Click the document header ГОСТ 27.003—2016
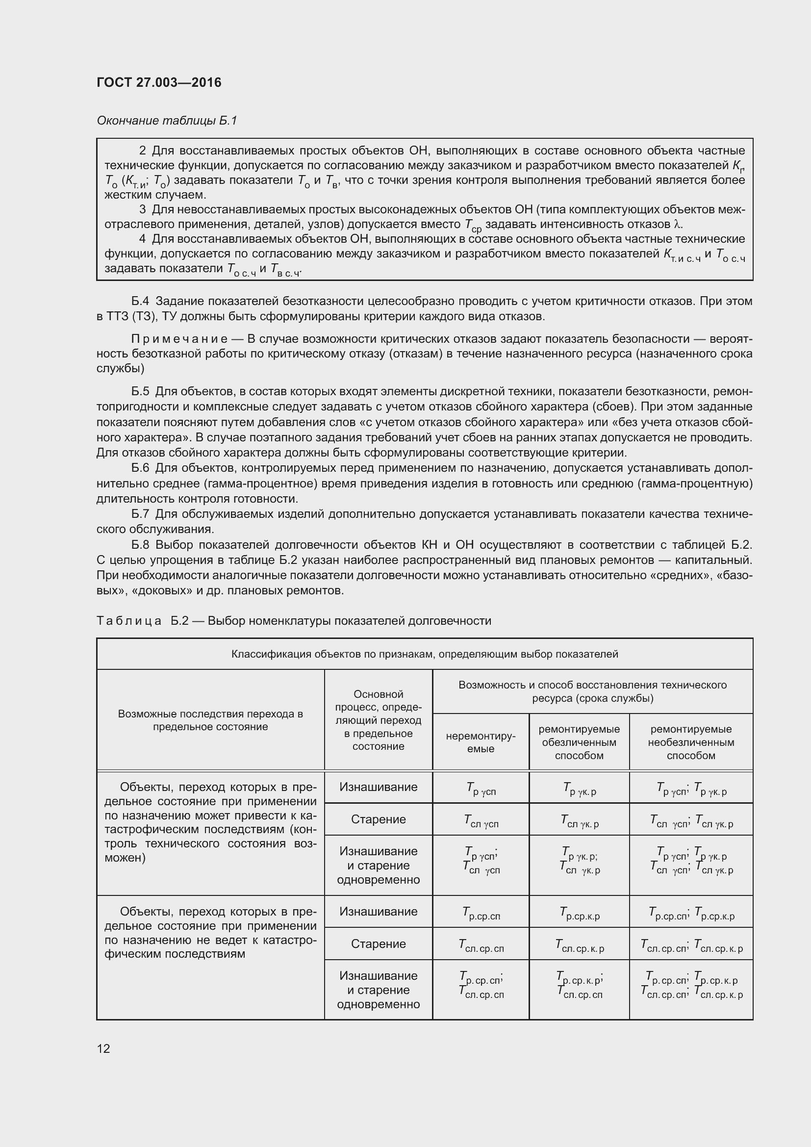click(x=159, y=82)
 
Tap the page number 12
click(x=103, y=1048)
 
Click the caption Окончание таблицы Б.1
click(x=167, y=121)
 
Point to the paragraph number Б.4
click(x=140, y=301)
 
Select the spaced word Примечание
click(x=179, y=339)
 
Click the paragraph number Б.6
click(x=140, y=468)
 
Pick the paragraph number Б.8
click(x=140, y=544)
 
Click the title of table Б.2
click(x=294, y=620)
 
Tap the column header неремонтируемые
click(x=481, y=742)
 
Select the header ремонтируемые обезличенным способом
click(x=579, y=742)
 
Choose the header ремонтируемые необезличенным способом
click(x=691, y=742)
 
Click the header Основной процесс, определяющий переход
click(x=378, y=720)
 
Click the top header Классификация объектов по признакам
click(x=425, y=654)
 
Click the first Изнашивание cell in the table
click(x=378, y=787)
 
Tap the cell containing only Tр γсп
click(x=481, y=789)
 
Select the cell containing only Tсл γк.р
click(x=579, y=821)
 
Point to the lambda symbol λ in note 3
click(x=677, y=224)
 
